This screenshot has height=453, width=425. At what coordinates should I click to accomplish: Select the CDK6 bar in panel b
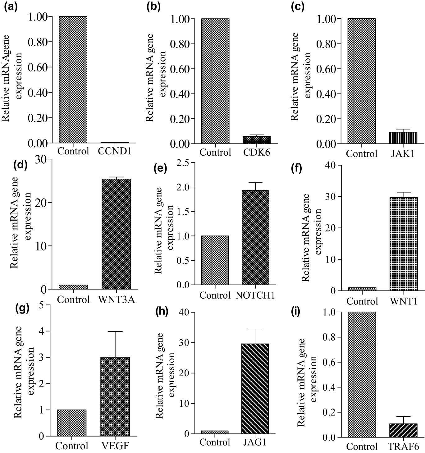(x=256, y=140)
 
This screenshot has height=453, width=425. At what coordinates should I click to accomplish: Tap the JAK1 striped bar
(x=403, y=138)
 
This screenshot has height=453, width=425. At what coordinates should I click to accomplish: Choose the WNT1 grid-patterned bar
(x=404, y=244)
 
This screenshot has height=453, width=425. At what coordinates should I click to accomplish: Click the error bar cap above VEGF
(x=115, y=332)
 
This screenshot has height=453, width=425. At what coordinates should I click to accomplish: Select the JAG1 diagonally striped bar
(x=255, y=388)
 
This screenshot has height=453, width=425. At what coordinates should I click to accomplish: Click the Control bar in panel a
(x=73, y=80)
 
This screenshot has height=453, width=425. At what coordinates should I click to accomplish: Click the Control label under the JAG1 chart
(x=215, y=442)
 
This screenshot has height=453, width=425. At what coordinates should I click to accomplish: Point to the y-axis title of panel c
(x=300, y=76)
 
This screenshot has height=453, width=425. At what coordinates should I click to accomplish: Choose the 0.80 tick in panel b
(x=180, y=44)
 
